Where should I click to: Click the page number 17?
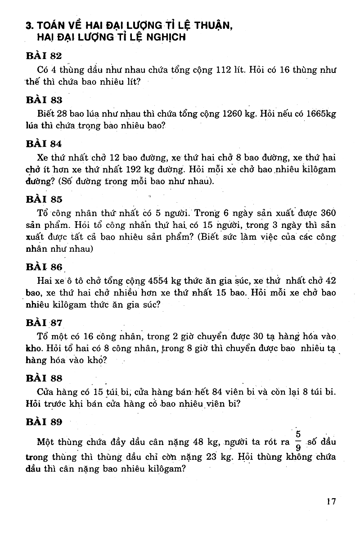click(332, 501)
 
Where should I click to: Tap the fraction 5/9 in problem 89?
click(298, 442)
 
